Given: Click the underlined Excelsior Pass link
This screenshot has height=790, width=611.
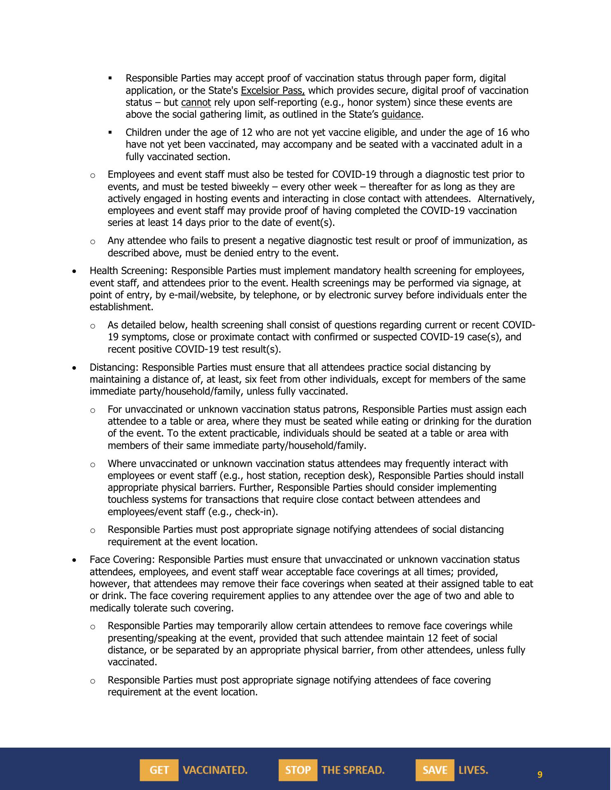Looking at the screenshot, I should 273,91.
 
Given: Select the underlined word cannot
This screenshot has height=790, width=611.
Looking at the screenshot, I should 196,102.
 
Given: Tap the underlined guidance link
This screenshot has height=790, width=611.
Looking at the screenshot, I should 401,114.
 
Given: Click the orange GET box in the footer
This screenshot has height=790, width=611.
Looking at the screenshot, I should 159,770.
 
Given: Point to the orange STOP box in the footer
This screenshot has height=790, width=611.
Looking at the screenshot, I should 298,770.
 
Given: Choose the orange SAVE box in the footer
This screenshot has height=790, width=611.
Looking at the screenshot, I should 435,770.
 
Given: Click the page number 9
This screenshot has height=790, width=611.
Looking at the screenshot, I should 540,775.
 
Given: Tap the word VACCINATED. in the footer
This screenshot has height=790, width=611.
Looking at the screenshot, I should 215,770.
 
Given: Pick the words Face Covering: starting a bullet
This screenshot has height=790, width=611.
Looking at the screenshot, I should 122,560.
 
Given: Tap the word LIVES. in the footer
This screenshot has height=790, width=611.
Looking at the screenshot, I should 473,770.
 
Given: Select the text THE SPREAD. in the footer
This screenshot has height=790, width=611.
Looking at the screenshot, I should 353,770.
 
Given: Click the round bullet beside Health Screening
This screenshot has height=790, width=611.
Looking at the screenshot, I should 74,272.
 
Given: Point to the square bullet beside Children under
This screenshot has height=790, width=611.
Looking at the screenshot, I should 110,132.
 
